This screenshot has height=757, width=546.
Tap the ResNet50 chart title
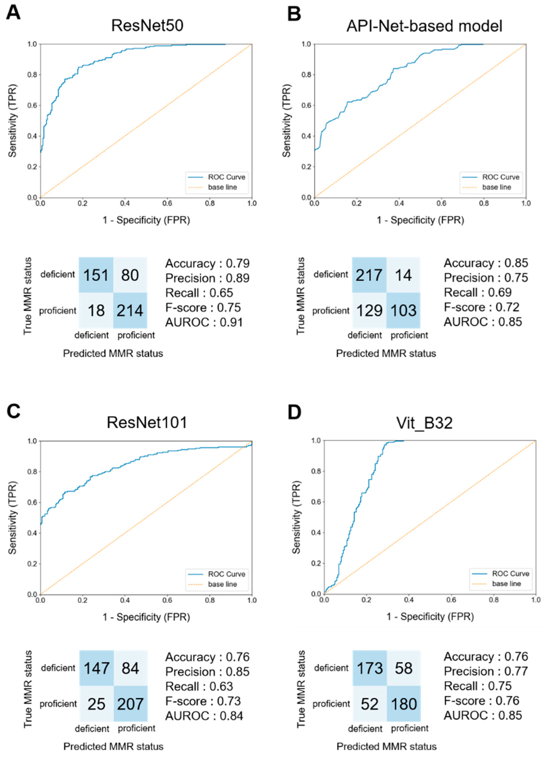(x=147, y=26)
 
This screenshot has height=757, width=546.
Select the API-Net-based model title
(x=424, y=26)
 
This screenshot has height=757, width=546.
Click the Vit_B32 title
(x=424, y=423)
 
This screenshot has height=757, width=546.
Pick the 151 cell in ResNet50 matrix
(x=96, y=275)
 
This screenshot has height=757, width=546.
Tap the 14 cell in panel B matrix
(x=403, y=275)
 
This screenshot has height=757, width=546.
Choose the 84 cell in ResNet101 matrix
(x=130, y=668)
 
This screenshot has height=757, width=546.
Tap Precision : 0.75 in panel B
(x=486, y=278)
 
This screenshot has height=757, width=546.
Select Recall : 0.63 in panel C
(x=199, y=686)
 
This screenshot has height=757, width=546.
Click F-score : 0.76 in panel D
(x=481, y=701)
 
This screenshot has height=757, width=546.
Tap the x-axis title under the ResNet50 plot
(x=146, y=220)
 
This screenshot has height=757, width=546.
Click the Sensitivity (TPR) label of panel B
(x=286, y=121)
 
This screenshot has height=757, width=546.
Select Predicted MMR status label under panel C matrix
(x=113, y=746)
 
